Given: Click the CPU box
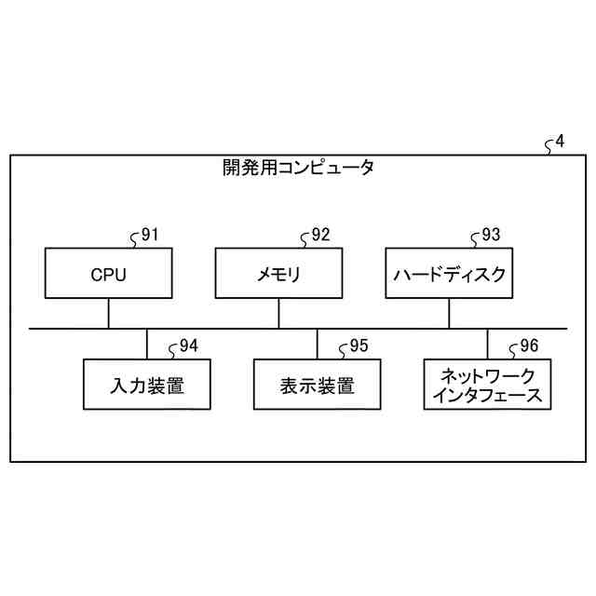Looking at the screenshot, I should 108,274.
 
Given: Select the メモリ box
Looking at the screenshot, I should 278,274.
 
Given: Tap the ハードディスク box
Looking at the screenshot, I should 449,274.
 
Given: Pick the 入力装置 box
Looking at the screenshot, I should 146,385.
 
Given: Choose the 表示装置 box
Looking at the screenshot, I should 317,385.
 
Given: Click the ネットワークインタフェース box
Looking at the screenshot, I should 487,385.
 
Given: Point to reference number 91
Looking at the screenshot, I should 149,235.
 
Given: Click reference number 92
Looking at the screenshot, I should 319,235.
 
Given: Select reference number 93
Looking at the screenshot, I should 490,235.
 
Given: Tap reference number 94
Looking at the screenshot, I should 188,346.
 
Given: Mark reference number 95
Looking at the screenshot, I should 359,346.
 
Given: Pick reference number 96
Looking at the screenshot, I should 528,346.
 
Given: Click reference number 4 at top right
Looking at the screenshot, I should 559,142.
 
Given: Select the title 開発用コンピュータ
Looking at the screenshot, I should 298,169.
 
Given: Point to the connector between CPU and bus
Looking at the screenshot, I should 108,314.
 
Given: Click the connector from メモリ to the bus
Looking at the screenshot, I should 278,314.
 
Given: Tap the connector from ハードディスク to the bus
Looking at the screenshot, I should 449,314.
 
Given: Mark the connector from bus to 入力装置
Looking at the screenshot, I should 146,344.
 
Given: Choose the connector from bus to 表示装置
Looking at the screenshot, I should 317,344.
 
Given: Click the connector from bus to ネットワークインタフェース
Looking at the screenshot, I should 487,344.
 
